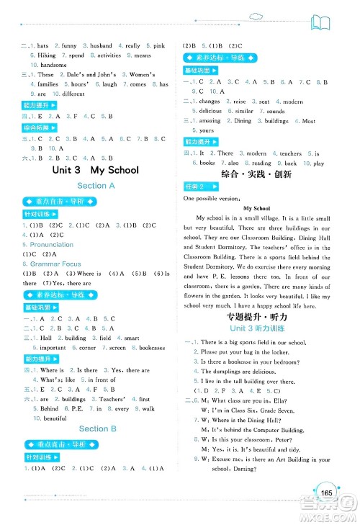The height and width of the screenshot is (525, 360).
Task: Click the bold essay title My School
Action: [x=257, y=207]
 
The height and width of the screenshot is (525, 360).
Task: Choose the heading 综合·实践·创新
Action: [x=257, y=174]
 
